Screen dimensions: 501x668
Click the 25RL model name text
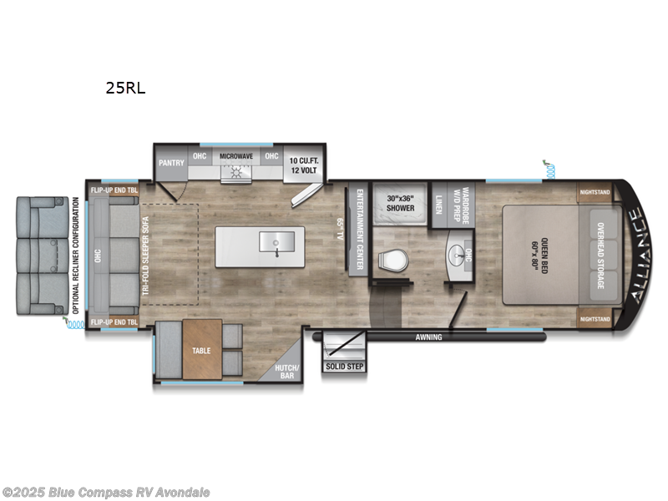125,87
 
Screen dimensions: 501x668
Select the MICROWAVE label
236,156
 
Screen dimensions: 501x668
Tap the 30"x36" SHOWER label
401,203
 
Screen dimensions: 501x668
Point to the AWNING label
429,338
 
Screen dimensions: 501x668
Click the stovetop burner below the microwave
236,173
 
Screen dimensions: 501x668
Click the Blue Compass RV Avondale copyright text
107,493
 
